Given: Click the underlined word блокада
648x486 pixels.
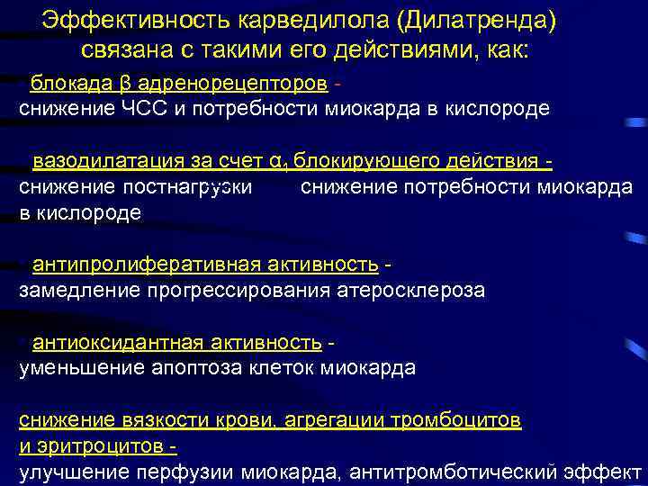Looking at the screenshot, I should coord(70,84).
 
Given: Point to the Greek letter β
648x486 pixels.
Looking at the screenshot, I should coord(126,85).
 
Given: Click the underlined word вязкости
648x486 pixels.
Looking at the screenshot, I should coord(153,419).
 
